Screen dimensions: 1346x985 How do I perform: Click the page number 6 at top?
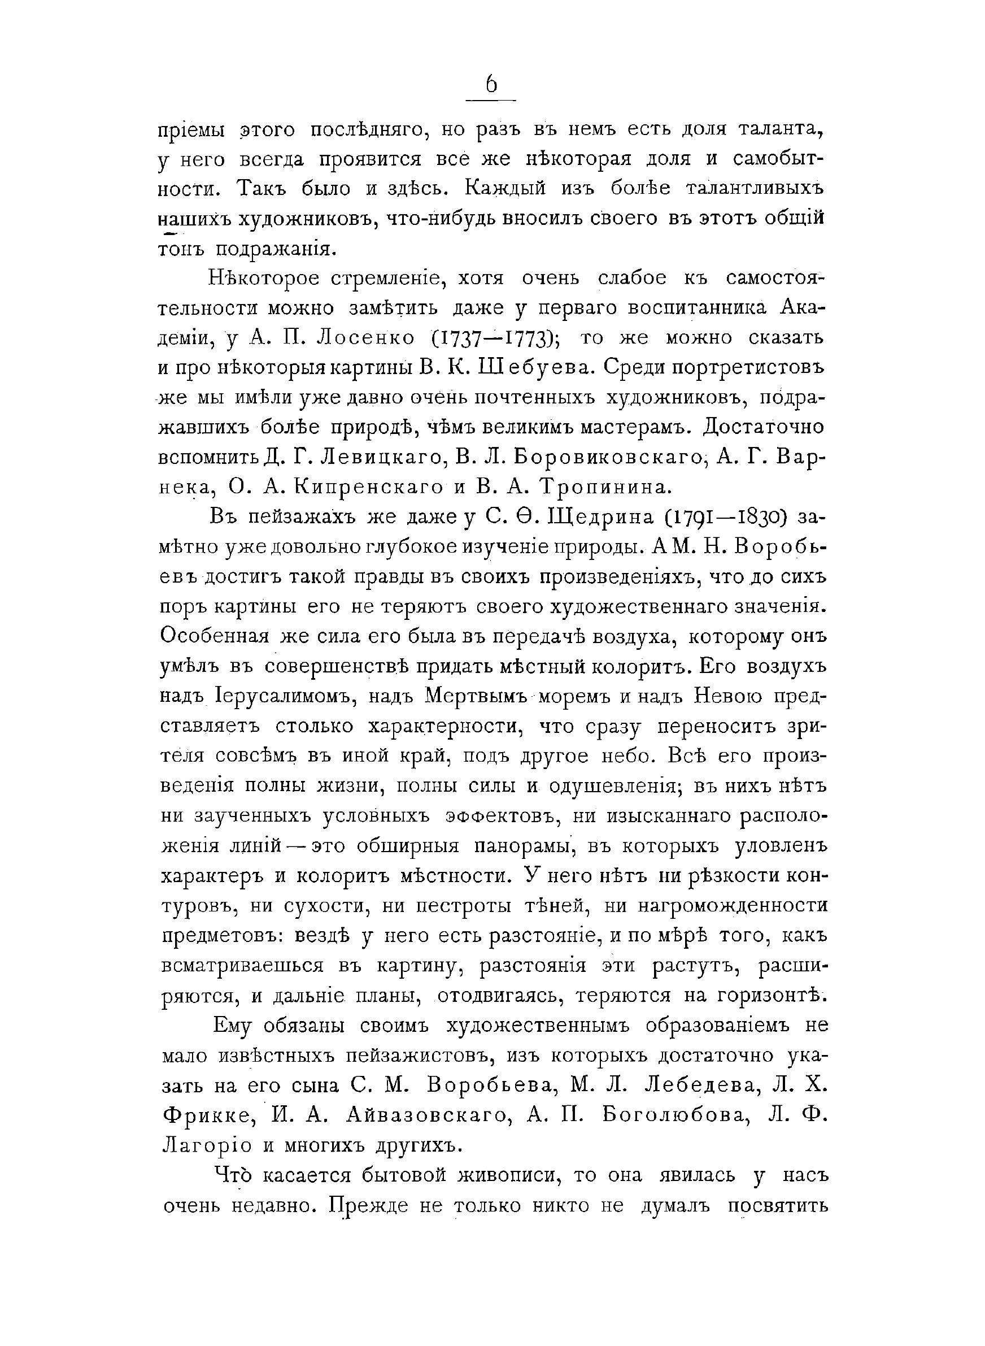tap(491, 85)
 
